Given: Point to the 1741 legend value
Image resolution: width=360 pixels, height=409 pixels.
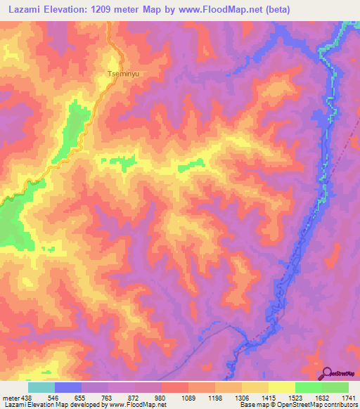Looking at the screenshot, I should [x=349, y=397].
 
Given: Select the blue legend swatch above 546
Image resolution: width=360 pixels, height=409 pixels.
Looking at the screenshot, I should [x=67, y=387].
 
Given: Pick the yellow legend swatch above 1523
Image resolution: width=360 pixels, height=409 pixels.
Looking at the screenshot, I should [x=281, y=387].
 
